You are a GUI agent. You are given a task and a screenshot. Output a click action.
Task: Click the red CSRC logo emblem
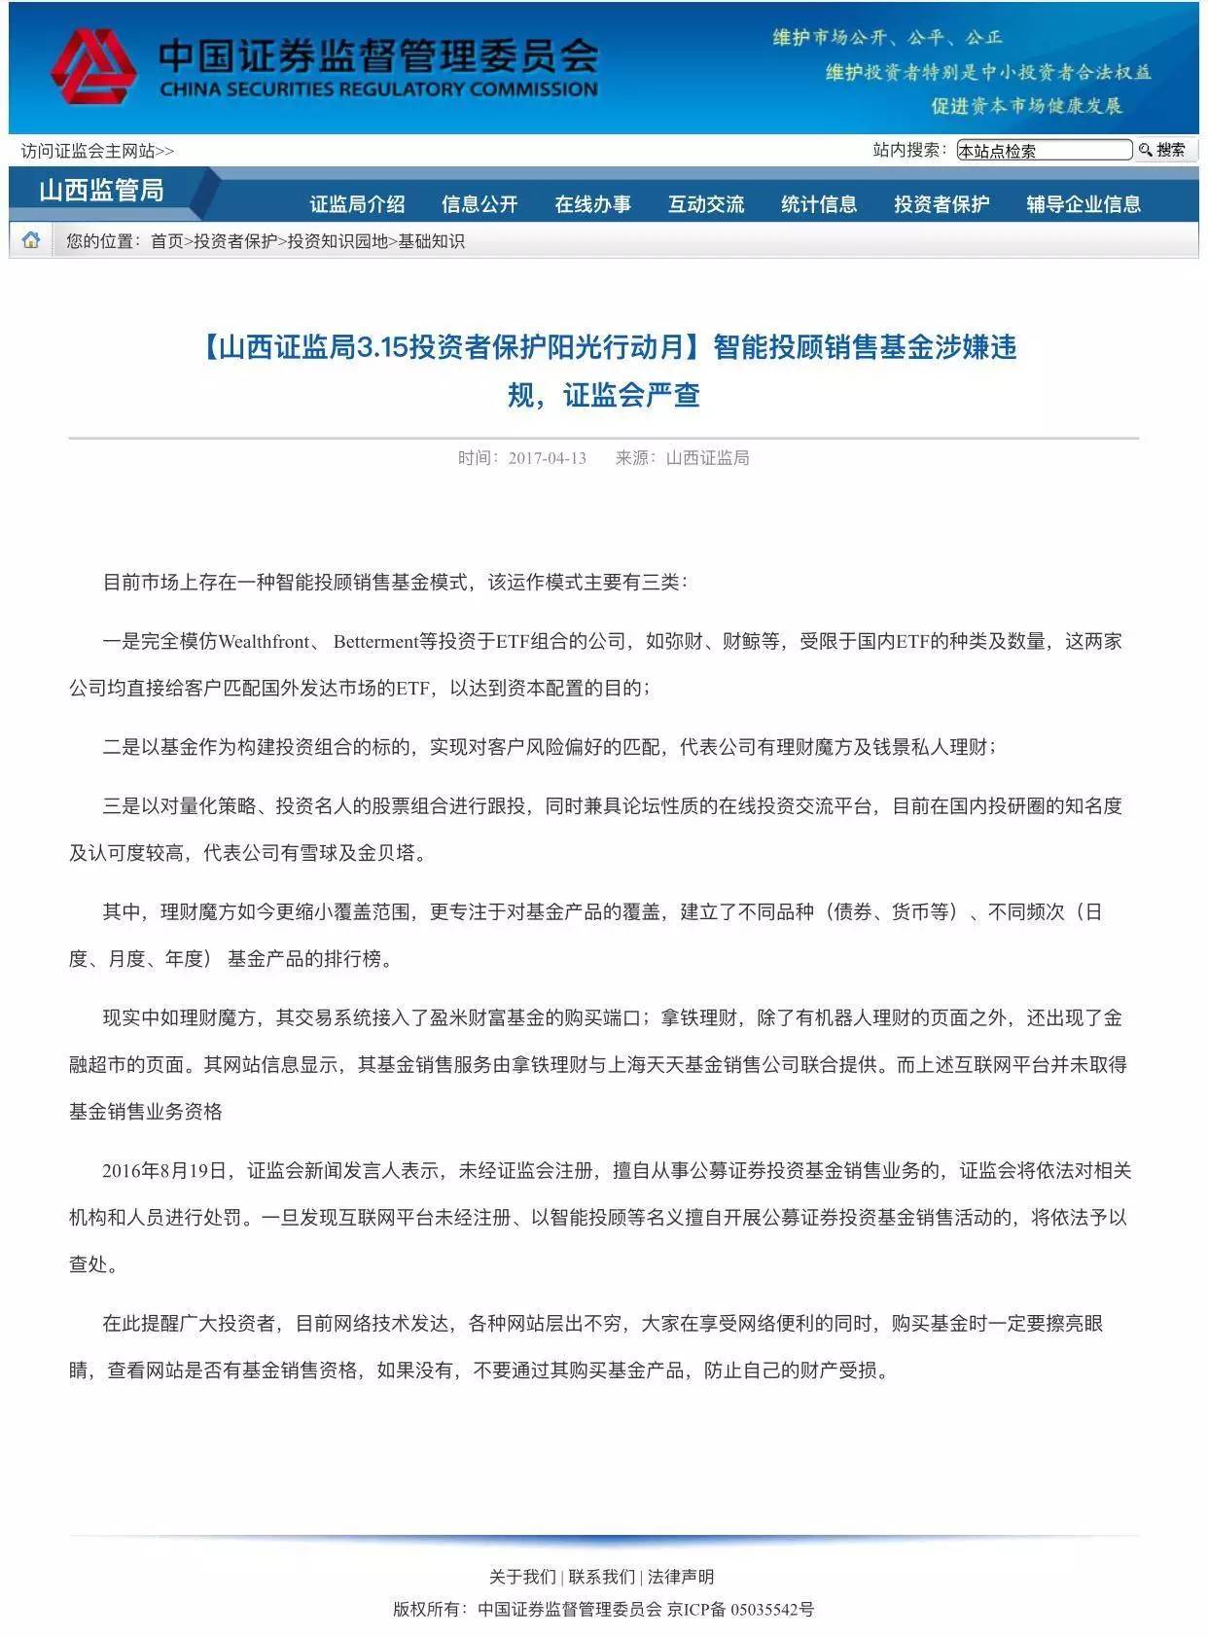point(93,66)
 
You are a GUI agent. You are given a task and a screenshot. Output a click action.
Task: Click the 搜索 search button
point(1163,150)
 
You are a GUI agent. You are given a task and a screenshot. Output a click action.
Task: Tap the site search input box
point(1044,150)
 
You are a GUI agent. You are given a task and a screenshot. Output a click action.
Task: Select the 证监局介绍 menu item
point(357,204)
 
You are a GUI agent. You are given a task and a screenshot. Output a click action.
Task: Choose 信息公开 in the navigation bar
point(479,204)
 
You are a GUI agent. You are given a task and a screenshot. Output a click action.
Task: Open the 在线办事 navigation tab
point(592,204)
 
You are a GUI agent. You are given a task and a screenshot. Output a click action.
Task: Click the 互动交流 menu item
point(705,204)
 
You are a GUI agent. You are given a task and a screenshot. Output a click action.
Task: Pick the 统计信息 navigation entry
point(819,204)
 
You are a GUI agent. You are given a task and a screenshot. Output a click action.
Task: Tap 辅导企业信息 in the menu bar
point(1084,204)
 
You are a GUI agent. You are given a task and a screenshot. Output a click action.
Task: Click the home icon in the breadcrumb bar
point(31,240)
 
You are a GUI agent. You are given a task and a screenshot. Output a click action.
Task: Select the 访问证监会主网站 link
point(97,151)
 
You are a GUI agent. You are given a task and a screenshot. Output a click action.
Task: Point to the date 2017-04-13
point(547,458)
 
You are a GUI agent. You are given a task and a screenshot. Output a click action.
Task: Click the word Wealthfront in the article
point(265,641)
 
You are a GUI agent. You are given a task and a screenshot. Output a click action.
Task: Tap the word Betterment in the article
point(375,641)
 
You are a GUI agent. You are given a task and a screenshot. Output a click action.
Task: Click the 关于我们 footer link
point(522,1577)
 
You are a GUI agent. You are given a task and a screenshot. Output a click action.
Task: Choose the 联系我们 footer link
point(602,1577)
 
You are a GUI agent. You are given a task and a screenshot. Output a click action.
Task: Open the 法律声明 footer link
point(681,1577)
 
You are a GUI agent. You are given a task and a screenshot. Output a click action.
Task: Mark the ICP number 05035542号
point(772,1610)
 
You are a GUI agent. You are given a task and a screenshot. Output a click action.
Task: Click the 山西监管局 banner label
point(101,190)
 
